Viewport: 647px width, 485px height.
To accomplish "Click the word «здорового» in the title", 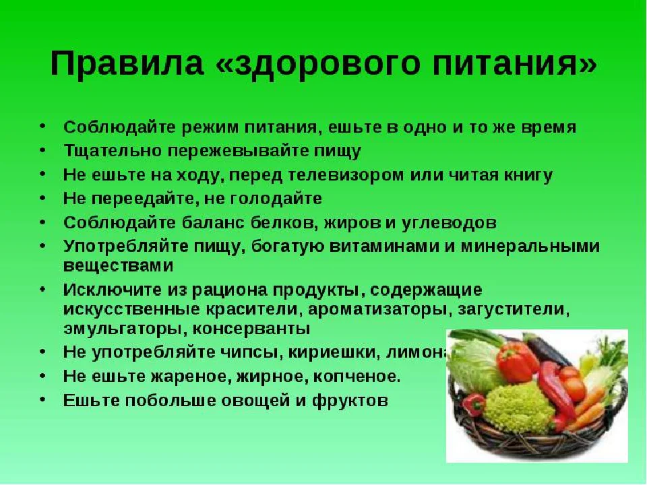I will pos(296,65).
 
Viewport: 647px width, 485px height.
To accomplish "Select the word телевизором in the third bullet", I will pos(343,176).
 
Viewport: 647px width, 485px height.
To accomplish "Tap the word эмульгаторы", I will pos(124,330).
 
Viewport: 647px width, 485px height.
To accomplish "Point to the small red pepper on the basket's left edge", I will pos(474,403).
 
